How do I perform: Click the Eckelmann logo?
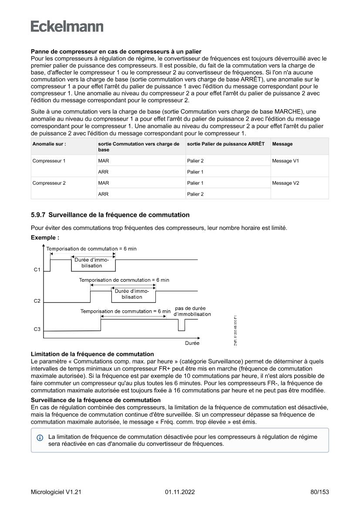[67, 27]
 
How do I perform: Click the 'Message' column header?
[282, 144]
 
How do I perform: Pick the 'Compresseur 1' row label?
[49, 161]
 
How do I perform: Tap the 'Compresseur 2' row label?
[49, 183]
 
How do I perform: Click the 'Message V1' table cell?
[285, 161]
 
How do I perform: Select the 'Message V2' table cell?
[285, 183]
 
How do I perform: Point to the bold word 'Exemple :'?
[45, 238]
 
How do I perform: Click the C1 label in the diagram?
[37, 270]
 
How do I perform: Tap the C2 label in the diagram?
[37, 301]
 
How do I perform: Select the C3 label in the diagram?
[37, 330]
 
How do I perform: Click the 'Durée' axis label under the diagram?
[192, 343]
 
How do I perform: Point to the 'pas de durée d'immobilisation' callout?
[192, 311]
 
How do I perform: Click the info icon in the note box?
[40, 437]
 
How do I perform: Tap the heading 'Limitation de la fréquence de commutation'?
[92, 354]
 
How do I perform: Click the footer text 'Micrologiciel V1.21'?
[56, 492]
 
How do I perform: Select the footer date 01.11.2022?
[180, 492]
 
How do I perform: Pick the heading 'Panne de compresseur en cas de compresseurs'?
[116, 52]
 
